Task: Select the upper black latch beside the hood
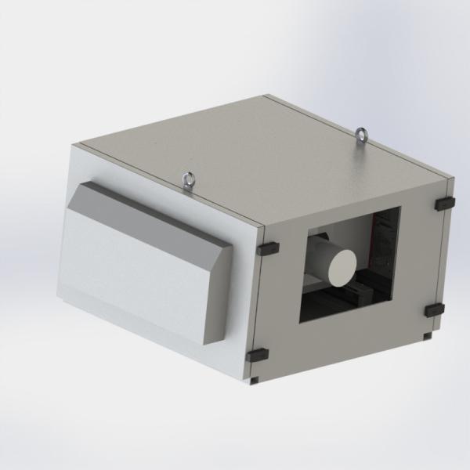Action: (x=267, y=247)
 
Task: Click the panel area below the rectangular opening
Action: (x=345, y=345)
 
